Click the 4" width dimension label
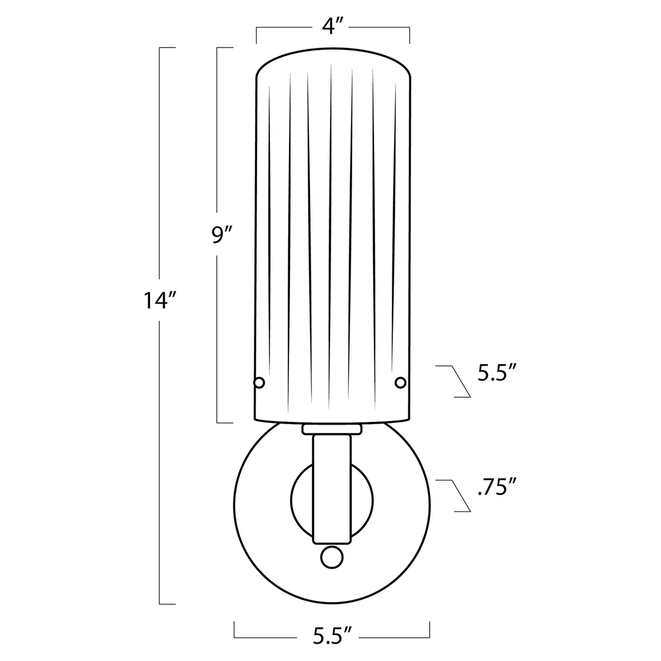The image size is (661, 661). pyautogui.click(x=333, y=27)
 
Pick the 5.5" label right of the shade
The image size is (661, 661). pyautogui.click(x=497, y=373)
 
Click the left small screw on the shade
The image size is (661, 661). pyautogui.click(x=260, y=382)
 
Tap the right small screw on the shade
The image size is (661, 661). pyautogui.click(x=400, y=382)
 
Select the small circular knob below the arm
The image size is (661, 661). pyautogui.click(x=332, y=557)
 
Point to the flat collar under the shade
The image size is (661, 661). pyautogui.click(x=332, y=428)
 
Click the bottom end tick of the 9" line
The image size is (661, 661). pyautogui.click(x=225, y=422)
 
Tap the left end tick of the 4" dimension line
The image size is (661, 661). pyautogui.click(x=257, y=35)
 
